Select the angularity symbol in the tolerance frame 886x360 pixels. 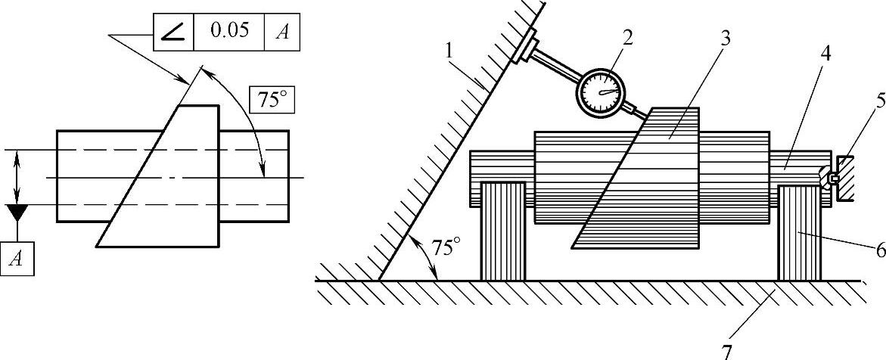pos(174,33)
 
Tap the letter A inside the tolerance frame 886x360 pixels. pos(281,33)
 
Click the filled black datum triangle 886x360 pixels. pos(17,212)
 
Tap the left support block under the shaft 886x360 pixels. pos(504,231)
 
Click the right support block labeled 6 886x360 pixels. pos(798,231)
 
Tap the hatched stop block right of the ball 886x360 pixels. pos(847,178)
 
